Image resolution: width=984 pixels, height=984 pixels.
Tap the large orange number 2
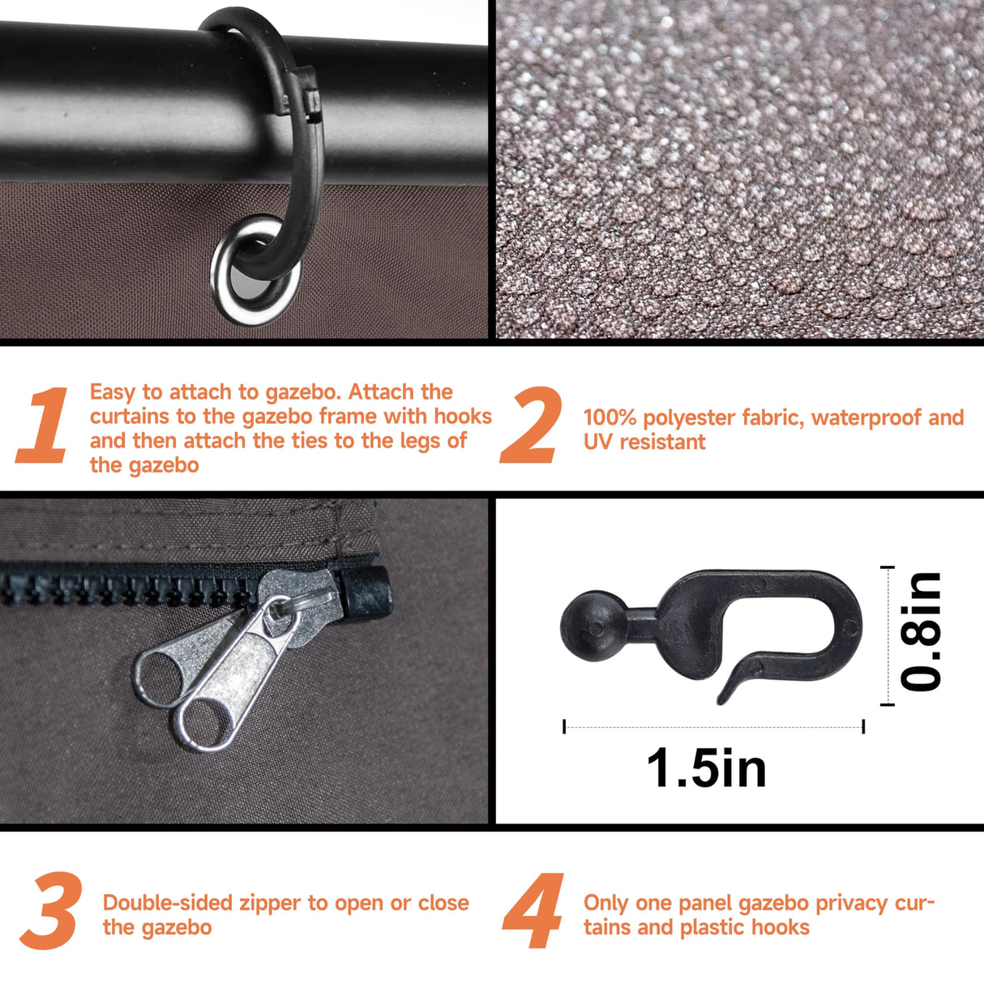(x=531, y=425)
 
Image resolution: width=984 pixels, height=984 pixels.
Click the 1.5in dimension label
(x=707, y=768)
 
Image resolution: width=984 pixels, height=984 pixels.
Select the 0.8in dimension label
(x=920, y=631)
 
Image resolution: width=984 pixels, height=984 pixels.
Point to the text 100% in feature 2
(x=610, y=417)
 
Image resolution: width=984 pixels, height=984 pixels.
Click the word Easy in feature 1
(x=113, y=392)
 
